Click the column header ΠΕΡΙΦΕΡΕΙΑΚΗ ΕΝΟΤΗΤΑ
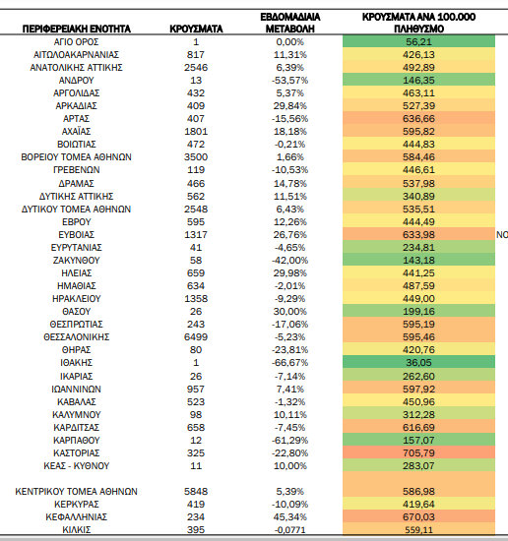(x=77, y=29)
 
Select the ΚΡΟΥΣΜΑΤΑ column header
(x=196, y=29)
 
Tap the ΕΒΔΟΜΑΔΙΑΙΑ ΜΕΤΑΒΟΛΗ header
(x=290, y=23)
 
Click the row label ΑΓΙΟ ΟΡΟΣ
(x=77, y=42)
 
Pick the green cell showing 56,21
(x=418, y=42)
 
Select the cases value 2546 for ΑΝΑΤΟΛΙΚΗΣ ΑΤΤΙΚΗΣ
(x=196, y=68)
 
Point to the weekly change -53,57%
(x=290, y=81)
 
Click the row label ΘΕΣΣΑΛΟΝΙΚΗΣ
(x=77, y=337)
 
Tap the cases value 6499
(x=196, y=337)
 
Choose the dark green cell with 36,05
(x=418, y=363)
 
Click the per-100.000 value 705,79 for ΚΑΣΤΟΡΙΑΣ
(x=418, y=453)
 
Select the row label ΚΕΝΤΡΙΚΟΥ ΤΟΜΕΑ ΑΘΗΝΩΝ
(x=77, y=491)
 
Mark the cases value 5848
(x=196, y=491)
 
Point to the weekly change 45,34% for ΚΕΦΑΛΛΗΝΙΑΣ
(x=290, y=516)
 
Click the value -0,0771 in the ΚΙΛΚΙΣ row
(x=290, y=529)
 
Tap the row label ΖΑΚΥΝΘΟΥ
(x=77, y=261)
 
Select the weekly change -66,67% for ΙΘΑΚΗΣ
(x=290, y=363)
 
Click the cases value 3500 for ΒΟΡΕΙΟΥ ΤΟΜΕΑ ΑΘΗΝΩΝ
(x=196, y=157)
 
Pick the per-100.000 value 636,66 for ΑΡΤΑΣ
(x=418, y=119)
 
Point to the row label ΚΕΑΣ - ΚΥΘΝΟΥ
(x=77, y=466)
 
